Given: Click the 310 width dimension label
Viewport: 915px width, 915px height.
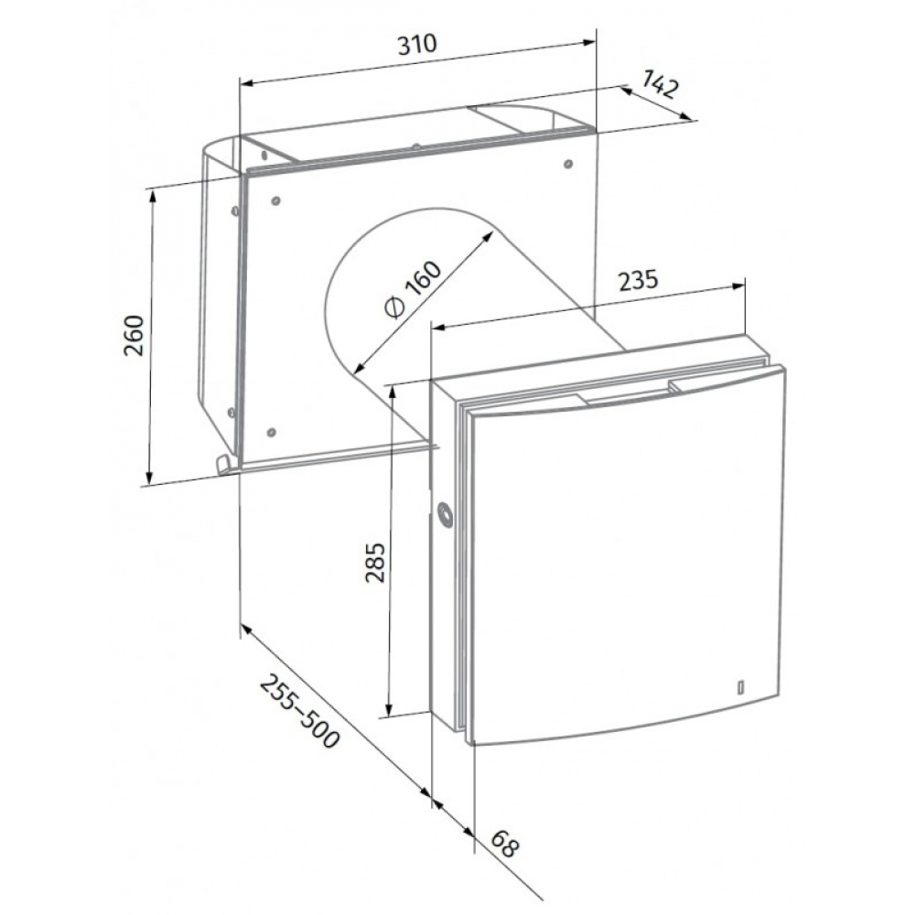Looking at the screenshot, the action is click(416, 44).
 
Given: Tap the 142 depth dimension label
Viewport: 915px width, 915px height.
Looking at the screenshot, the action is click(662, 84).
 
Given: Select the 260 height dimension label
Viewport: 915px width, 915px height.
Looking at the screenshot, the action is click(134, 336).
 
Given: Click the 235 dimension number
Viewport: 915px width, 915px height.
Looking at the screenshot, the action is click(638, 280).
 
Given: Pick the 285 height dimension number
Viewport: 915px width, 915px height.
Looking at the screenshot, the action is click(376, 563).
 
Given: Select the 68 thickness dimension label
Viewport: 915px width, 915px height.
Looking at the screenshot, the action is click(504, 844).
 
